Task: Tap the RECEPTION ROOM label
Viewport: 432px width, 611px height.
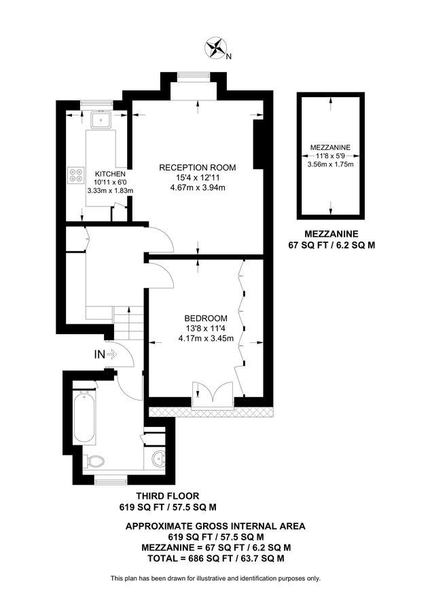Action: tap(197, 168)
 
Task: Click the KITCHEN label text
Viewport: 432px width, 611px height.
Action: tap(110, 173)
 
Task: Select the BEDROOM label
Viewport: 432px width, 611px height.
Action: tap(205, 318)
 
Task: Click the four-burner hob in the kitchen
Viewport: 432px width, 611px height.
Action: tap(75, 175)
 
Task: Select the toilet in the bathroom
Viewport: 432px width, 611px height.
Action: tap(96, 462)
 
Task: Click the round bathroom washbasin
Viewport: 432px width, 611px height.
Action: tap(157, 456)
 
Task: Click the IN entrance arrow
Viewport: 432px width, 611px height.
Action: tap(105, 354)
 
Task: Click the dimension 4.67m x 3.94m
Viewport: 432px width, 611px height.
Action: tap(197, 189)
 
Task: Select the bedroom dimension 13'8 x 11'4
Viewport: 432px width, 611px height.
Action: tap(205, 328)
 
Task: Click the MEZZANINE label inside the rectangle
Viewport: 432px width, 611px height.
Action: tap(330, 147)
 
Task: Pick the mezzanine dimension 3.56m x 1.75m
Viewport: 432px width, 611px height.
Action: tap(330, 164)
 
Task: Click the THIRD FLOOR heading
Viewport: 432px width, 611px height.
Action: tap(168, 496)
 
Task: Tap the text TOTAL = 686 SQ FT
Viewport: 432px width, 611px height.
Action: tap(215, 558)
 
